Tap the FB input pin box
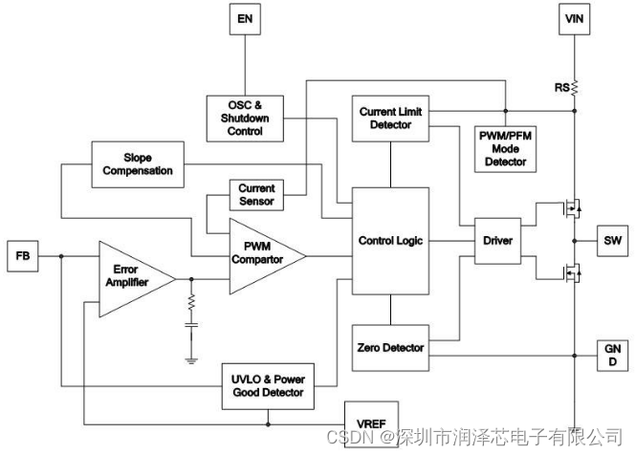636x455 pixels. [22, 256]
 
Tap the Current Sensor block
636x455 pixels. [255, 195]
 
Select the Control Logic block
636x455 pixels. [390, 240]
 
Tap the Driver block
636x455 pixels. [498, 240]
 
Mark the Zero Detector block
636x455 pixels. [389, 348]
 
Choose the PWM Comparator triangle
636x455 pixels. [260, 255]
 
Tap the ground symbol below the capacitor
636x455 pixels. [190, 358]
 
